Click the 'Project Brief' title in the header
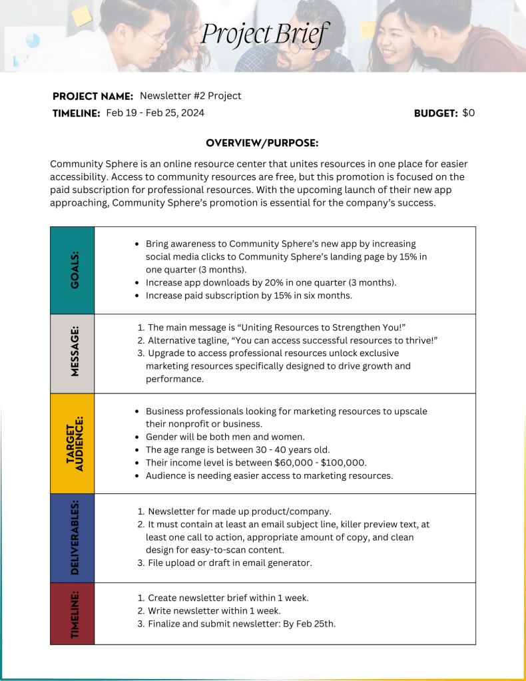pyautogui.click(x=265, y=35)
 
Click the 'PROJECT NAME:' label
pyautogui.click(x=93, y=97)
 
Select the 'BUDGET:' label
pyautogui.click(x=435, y=114)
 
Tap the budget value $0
pyautogui.click(x=469, y=113)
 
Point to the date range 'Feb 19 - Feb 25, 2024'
pyautogui.click(x=155, y=113)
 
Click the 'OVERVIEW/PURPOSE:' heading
pyautogui.click(x=262, y=143)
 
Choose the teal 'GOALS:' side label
pyautogui.click(x=73, y=270)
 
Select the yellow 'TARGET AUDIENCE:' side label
pyautogui.click(x=73, y=443)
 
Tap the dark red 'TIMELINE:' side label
pyautogui.click(x=73, y=614)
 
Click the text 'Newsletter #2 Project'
pyautogui.click(x=190, y=96)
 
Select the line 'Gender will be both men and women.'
pyautogui.click(x=225, y=437)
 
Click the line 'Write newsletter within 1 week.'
pyautogui.click(x=214, y=611)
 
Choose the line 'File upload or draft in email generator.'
pyautogui.click(x=230, y=563)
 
